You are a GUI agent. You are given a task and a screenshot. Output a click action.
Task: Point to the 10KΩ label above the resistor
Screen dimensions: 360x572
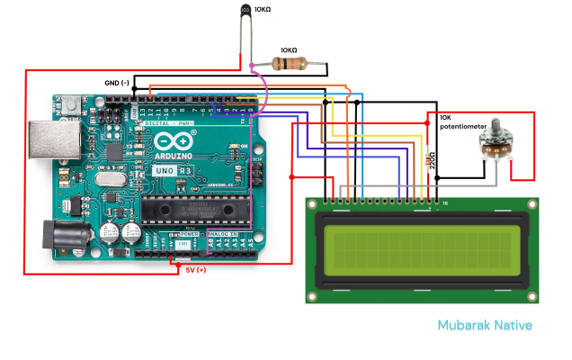(x=289, y=50)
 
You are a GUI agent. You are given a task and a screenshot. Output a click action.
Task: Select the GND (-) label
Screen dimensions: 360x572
(x=118, y=83)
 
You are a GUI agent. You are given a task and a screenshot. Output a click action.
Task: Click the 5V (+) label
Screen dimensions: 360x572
(x=196, y=269)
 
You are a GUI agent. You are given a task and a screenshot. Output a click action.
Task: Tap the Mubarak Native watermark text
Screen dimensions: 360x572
(x=485, y=325)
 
